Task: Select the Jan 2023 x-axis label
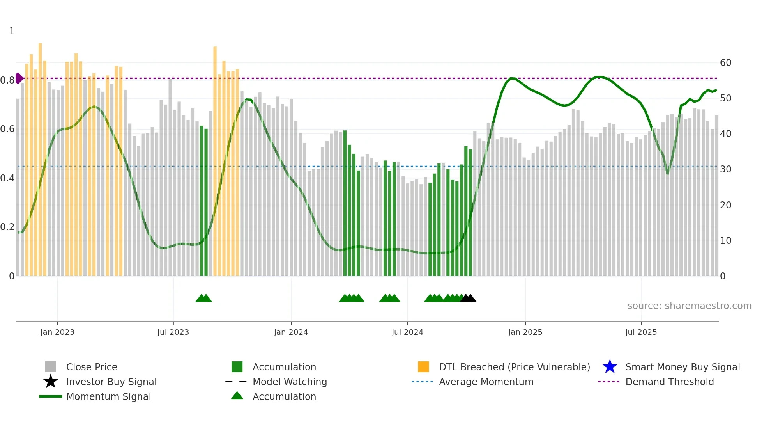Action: [57, 332]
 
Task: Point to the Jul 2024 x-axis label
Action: [407, 332]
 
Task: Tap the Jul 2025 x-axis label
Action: [641, 332]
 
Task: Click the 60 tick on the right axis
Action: [725, 63]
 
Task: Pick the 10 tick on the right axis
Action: [725, 241]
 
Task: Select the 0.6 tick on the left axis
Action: [7, 129]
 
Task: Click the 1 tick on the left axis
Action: [12, 31]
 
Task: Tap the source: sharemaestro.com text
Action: [689, 306]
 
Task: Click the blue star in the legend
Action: [610, 367]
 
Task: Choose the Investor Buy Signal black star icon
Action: [51, 382]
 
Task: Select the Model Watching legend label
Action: [290, 382]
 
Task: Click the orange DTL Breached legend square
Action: [423, 367]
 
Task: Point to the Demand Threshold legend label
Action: [669, 382]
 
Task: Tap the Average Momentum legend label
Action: [486, 382]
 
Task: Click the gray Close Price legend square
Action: [51, 367]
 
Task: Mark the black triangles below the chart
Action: [468, 298]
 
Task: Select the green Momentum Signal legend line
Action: [51, 396]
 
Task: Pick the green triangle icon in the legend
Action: [237, 396]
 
